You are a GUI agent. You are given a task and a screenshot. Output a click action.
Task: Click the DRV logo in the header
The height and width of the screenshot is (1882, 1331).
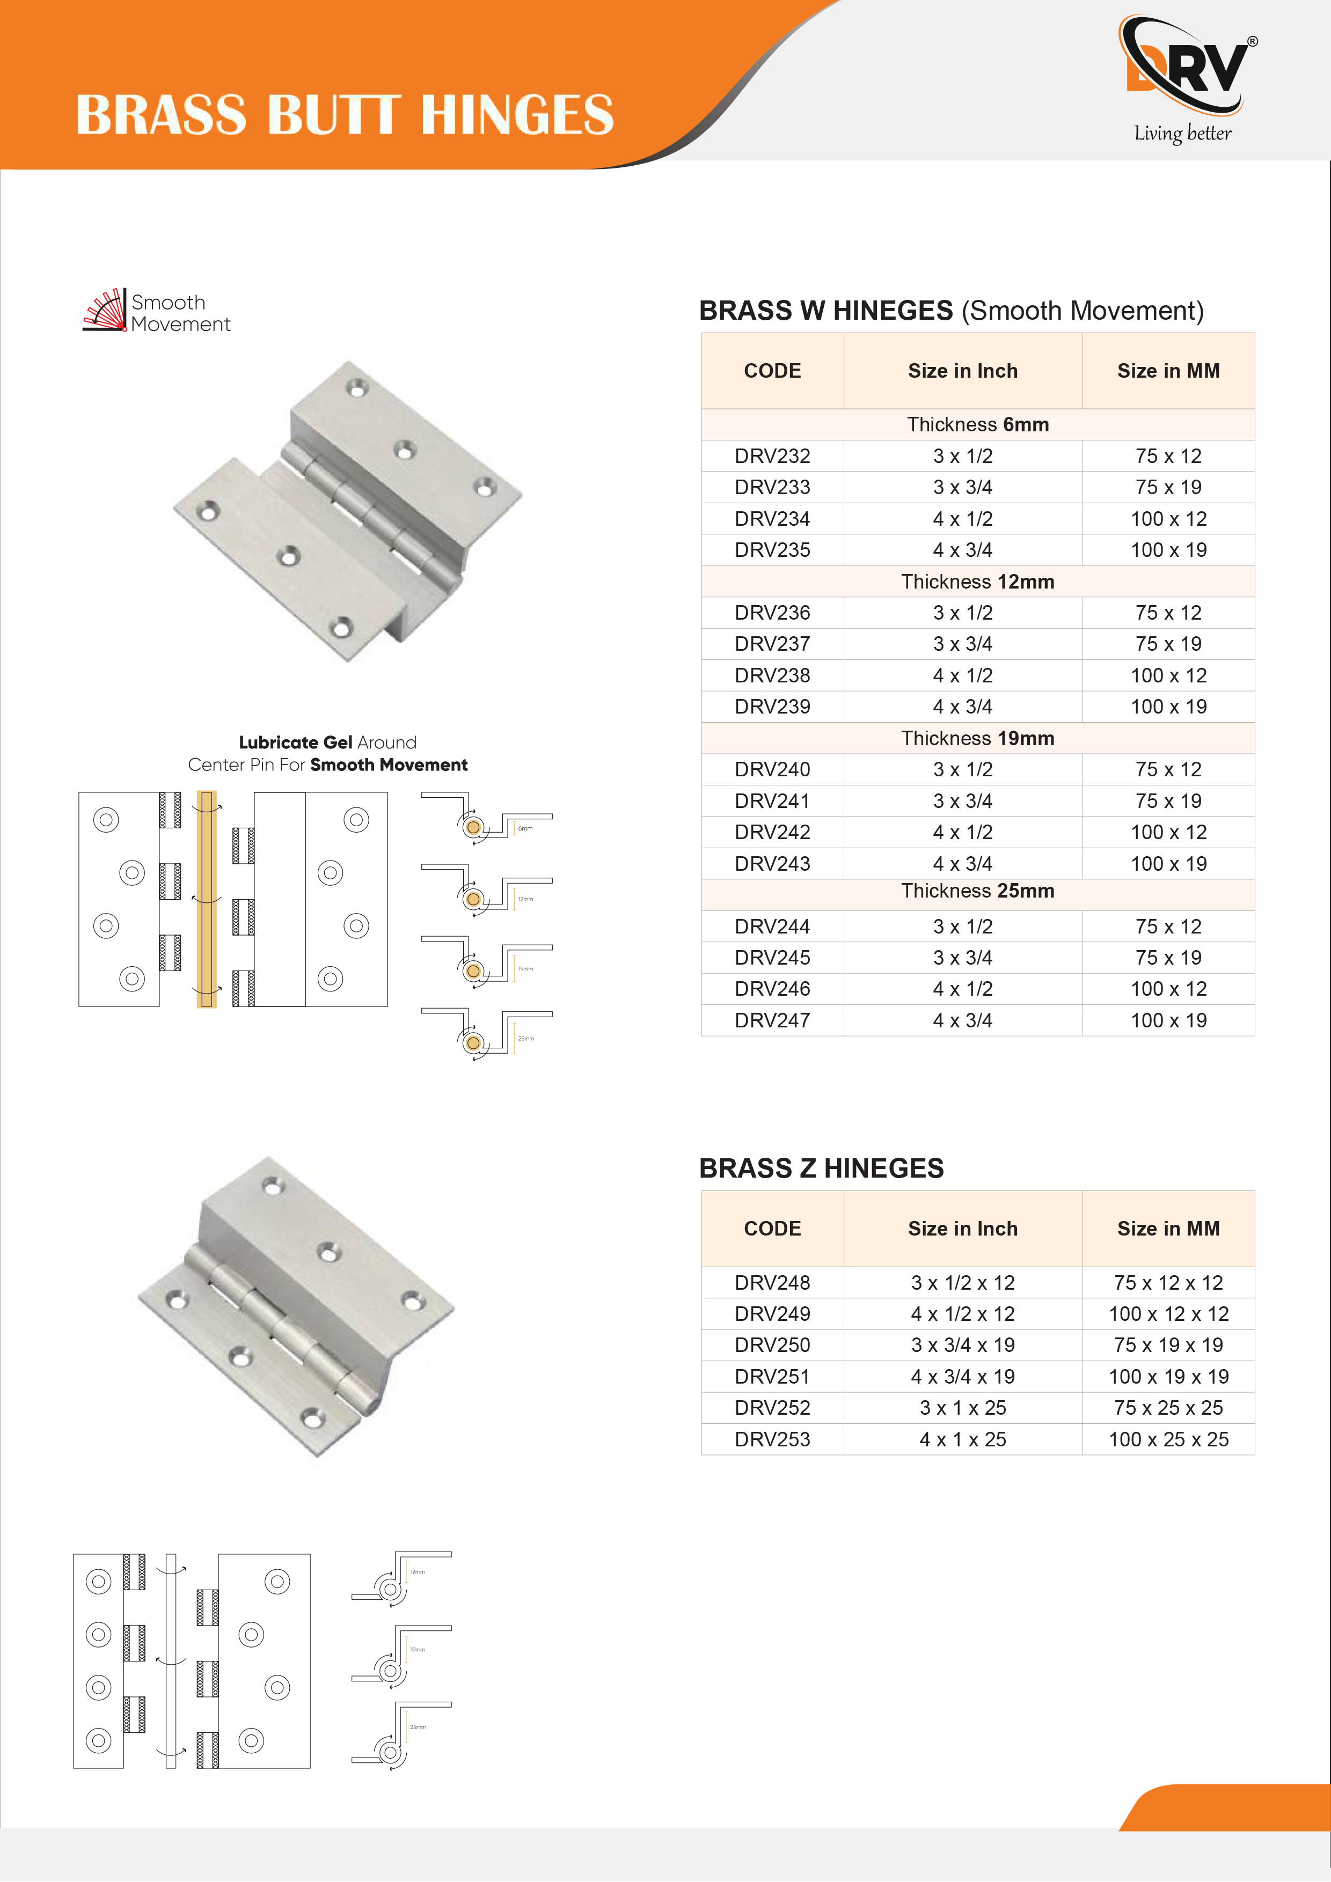pos(1187,65)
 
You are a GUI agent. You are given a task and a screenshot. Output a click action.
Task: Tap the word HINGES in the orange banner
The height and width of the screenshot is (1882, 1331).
pos(517,115)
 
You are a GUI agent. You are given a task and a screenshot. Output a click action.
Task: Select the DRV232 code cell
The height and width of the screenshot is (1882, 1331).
pos(772,455)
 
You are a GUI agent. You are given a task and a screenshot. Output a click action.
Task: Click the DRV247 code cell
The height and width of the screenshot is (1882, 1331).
pos(772,1020)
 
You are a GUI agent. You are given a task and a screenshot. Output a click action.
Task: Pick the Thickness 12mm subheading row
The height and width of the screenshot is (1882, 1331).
pos(977,581)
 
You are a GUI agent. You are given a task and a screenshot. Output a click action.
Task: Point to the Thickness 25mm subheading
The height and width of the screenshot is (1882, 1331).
pos(977,891)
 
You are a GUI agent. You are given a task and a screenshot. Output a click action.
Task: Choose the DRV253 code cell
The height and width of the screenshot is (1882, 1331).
pos(772,1439)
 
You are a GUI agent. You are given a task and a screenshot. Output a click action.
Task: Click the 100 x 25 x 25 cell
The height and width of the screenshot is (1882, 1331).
pos(1168,1439)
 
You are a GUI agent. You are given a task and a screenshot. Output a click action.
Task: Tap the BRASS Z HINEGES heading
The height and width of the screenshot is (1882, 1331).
pos(821,1168)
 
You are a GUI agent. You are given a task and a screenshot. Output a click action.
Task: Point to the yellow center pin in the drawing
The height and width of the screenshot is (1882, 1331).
pos(207,899)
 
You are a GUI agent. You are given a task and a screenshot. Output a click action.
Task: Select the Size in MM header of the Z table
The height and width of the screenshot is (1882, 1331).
pos(1168,1229)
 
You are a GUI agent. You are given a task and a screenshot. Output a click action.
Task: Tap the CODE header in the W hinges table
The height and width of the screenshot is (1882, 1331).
pos(772,371)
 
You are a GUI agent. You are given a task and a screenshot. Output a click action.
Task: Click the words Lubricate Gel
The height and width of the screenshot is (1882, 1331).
pos(295,742)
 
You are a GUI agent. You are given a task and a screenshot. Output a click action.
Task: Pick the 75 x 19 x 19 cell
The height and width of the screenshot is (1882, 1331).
pos(1168,1345)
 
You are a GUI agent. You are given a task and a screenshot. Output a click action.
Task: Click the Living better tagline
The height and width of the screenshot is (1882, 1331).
pos(1182,133)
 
